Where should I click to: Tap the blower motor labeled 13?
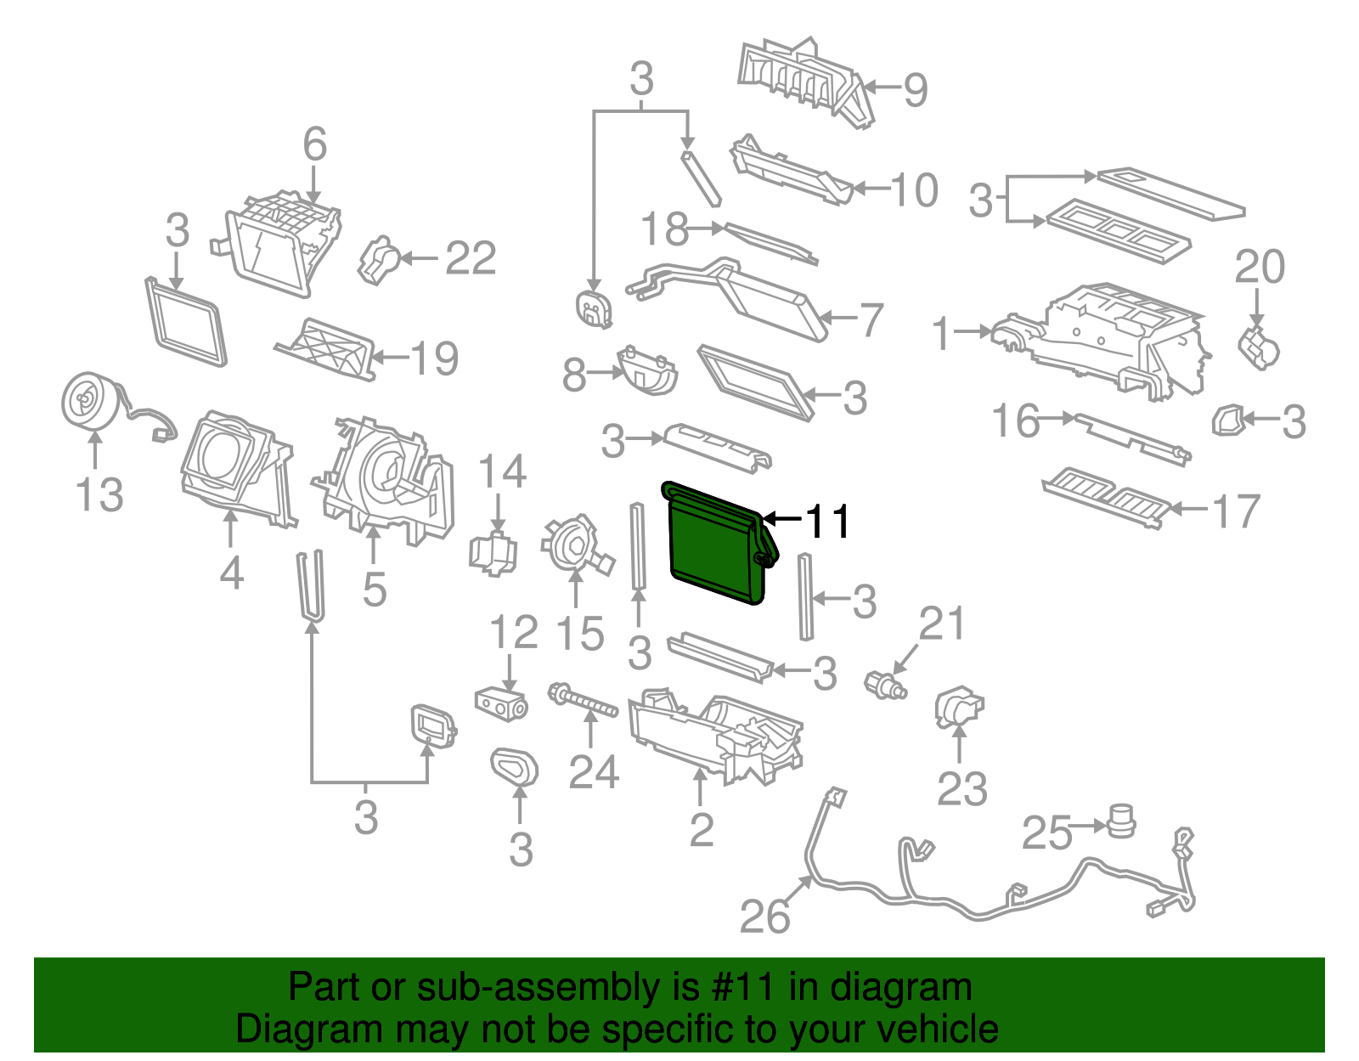tap(90, 401)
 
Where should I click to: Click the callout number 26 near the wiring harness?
tap(764, 917)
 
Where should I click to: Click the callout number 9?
tap(915, 89)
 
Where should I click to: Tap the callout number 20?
tap(1260, 267)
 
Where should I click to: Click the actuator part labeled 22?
tap(381, 259)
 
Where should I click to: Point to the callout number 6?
tap(314, 144)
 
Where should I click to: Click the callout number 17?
tap(1236, 511)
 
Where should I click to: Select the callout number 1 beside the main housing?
tap(941, 333)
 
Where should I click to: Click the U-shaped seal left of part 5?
tap(311, 586)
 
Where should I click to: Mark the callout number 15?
tap(579, 634)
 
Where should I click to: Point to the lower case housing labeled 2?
tap(713, 731)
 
